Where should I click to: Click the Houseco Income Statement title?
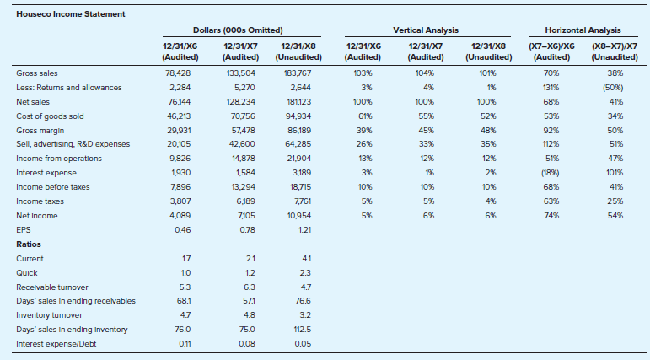coord(71,14)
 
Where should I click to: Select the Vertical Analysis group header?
coord(426,30)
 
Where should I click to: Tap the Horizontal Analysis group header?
coord(583,30)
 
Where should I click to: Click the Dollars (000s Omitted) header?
coord(238,30)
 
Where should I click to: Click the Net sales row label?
coord(33,102)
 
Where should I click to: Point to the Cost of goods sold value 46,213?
coord(179,116)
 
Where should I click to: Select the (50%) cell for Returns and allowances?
coord(615,88)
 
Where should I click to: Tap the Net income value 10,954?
coord(299,216)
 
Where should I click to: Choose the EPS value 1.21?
coord(304,230)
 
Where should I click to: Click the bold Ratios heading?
coord(29,244)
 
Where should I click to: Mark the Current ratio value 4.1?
coord(307,259)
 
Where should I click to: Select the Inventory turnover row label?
coord(50,315)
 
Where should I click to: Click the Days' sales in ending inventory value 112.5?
coord(303,330)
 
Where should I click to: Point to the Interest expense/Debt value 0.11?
coord(185,344)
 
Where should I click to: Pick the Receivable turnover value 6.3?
coord(250,287)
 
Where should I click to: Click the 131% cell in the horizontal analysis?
coord(551,88)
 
